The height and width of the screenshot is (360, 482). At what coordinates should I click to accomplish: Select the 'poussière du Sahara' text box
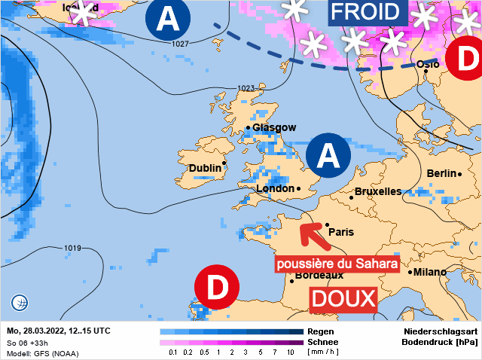click(336, 264)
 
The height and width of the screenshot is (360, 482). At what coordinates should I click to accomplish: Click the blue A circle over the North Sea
click(328, 156)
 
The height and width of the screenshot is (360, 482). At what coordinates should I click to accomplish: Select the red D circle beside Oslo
click(465, 57)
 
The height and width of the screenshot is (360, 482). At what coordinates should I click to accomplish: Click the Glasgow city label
click(274, 128)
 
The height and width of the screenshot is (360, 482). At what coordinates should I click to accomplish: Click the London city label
click(274, 188)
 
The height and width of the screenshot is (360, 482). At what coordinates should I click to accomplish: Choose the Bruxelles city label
click(377, 191)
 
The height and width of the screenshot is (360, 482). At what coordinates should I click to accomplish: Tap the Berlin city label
click(441, 173)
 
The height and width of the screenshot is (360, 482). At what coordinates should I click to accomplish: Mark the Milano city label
click(430, 272)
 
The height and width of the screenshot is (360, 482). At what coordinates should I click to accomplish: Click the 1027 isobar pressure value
click(180, 44)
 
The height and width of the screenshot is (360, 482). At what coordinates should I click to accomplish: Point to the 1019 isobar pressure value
click(72, 249)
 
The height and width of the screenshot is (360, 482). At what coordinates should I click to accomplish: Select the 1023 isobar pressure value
click(246, 89)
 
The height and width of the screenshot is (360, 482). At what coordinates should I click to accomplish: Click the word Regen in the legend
click(320, 331)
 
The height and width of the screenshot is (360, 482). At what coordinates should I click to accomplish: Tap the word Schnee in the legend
click(323, 341)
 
